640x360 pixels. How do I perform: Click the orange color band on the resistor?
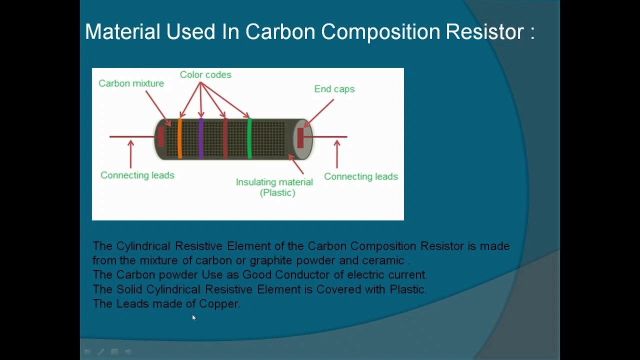[179, 138]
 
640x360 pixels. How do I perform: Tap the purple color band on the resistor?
[201, 138]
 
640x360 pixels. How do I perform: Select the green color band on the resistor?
[249, 138]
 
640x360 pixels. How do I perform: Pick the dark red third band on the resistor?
[225, 138]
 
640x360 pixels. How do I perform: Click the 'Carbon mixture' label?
[131, 83]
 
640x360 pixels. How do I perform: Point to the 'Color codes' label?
[205, 75]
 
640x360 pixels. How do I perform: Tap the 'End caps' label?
[334, 89]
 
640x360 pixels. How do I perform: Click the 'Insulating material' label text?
[274, 182]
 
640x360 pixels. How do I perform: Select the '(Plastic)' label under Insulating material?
[277, 193]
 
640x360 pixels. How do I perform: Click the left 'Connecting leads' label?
[137, 175]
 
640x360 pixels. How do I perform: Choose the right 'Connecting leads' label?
[361, 176]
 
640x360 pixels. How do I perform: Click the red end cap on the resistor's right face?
[300, 138]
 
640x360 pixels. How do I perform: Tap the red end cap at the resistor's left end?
[161, 136]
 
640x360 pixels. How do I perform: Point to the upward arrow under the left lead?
[131, 154]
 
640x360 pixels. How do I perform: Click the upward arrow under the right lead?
[337, 154]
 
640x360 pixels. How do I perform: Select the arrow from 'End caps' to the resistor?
[318, 113]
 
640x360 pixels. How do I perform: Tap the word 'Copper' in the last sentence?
[218, 303]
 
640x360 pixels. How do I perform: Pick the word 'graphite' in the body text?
[271, 260]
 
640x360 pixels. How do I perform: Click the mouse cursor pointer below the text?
[194, 317]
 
